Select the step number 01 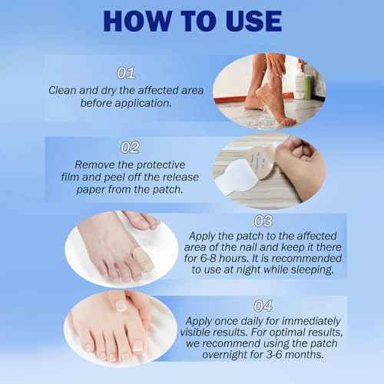(126, 74)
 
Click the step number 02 (131, 147)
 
